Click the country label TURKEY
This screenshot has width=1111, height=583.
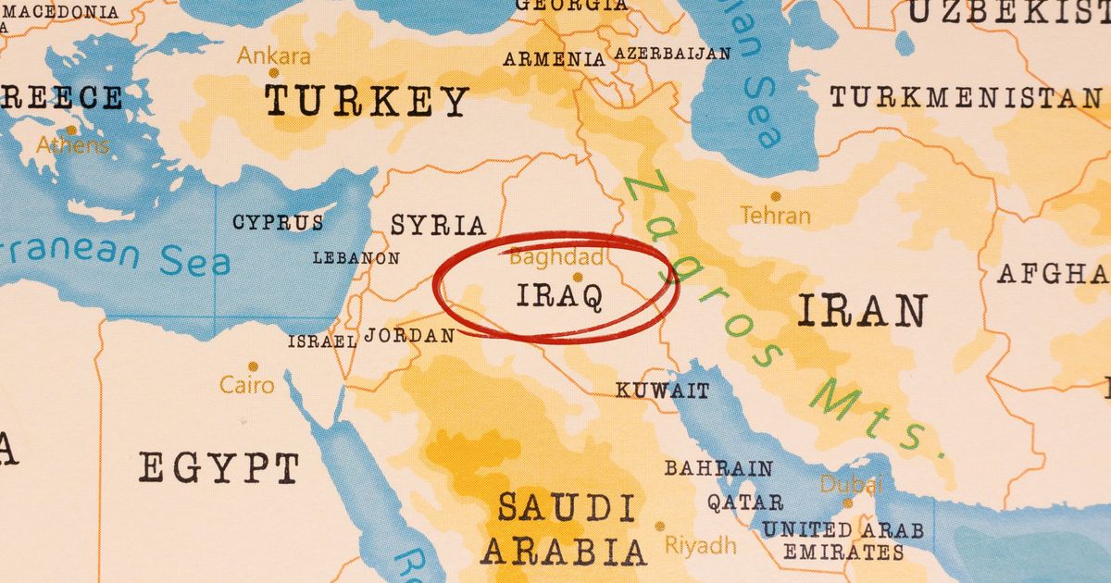(x=367, y=100)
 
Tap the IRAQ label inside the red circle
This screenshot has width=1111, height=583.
(x=559, y=296)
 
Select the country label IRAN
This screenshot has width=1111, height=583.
(x=861, y=312)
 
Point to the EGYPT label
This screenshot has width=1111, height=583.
(x=218, y=467)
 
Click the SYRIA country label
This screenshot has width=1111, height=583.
(x=438, y=225)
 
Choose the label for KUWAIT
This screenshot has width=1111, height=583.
(x=663, y=391)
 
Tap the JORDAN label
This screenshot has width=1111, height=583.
(x=409, y=336)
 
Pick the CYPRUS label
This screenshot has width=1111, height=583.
(x=278, y=222)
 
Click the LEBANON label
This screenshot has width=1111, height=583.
(x=356, y=258)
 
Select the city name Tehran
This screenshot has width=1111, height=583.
(x=775, y=216)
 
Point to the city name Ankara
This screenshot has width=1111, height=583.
(x=273, y=56)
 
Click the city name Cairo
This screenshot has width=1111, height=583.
(x=247, y=384)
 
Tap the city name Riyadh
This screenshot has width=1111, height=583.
(x=699, y=544)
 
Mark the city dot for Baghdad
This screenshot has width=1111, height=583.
(x=578, y=276)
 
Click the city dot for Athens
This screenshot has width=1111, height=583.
(x=71, y=130)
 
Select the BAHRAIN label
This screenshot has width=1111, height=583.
(x=718, y=468)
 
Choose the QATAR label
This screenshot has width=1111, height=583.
(x=745, y=502)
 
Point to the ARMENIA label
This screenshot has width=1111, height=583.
(x=554, y=59)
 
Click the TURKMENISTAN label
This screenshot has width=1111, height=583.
(x=965, y=97)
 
